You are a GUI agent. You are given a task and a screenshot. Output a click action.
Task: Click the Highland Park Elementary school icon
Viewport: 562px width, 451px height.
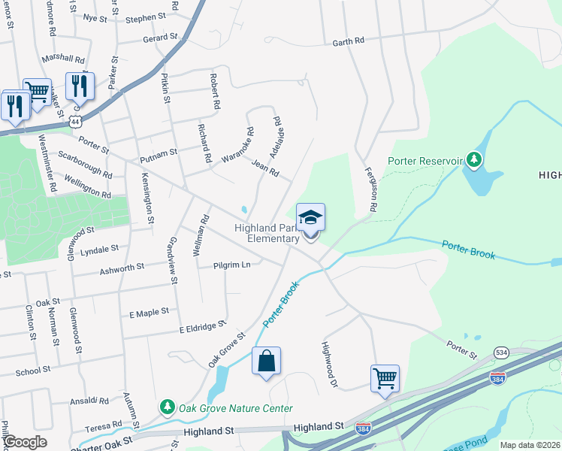(x=311, y=219)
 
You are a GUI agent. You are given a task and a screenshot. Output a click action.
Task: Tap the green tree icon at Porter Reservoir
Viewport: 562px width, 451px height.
(x=473, y=159)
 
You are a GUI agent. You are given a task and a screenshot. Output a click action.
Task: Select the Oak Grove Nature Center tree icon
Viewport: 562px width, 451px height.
(x=167, y=407)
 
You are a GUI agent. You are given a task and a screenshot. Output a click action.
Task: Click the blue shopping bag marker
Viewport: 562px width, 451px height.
(x=266, y=362)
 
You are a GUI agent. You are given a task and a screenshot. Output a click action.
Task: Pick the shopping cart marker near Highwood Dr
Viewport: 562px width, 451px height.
(x=385, y=379)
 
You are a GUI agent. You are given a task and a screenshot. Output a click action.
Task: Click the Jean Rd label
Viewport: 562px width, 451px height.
(x=266, y=168)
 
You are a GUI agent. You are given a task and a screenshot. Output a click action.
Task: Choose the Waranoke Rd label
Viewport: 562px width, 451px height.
(x=239, y=149)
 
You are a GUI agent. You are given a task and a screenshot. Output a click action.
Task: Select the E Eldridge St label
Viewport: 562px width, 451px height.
(x=202, y=327)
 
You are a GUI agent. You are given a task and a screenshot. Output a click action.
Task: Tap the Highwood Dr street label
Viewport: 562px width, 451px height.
(x=328, y=365)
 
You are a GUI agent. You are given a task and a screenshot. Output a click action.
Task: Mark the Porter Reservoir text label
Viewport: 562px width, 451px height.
(x=424, y=160)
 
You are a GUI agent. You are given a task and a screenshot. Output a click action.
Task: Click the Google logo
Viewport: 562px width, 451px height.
(x=24, y=442)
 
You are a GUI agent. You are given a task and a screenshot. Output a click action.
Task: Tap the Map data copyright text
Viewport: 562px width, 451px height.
(x=530, y=445)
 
